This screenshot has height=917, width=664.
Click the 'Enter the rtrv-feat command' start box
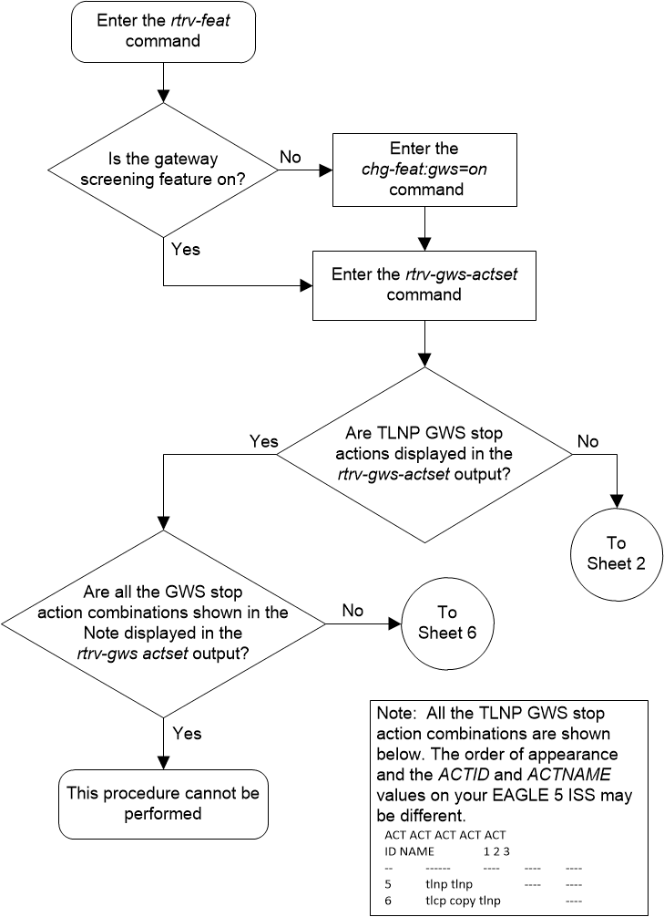pos(163,32)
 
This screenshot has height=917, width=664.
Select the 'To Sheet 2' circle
pos(617,552)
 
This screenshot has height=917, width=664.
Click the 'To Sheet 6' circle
pos(446,623)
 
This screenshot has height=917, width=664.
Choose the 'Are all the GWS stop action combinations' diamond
pos(163,622)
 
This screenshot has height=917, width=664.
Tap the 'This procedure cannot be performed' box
pos(163,803)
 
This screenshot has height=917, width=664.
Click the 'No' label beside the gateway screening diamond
pos(290,158)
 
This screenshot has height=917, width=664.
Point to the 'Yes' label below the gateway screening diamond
pos(185,248)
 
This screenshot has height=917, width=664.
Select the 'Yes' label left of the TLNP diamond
pos(263,441)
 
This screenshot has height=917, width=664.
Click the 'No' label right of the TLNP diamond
pos(587,441)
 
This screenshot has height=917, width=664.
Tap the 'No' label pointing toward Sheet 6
pos(353,611)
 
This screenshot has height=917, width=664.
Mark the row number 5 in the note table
pos(388,882)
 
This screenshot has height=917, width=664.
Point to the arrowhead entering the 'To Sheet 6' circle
pos(396,623)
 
